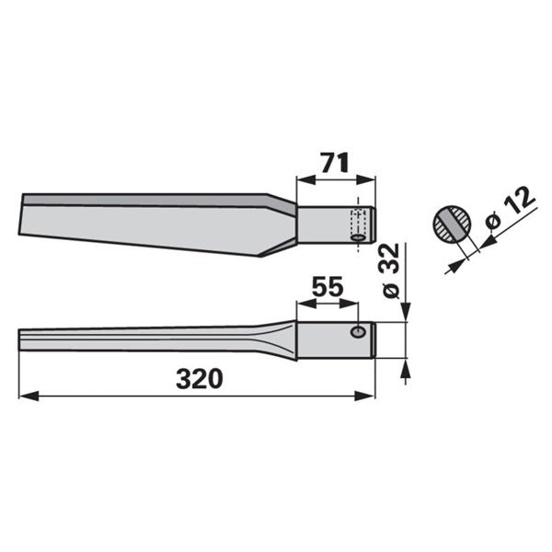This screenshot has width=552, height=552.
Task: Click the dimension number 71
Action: [335, 162]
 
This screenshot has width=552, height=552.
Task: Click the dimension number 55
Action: [328, 286]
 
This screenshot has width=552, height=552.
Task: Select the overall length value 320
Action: [200, 379]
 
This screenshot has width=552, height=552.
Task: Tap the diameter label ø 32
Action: [391, 270]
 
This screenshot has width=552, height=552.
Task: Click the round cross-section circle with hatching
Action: [452, 224]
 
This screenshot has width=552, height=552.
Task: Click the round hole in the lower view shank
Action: [358, 331]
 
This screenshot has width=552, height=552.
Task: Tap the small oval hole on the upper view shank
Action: [359, 238]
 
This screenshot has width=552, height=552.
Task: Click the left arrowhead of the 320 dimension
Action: [29, 396]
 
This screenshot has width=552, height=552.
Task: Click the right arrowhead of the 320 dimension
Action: [365, 396]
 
